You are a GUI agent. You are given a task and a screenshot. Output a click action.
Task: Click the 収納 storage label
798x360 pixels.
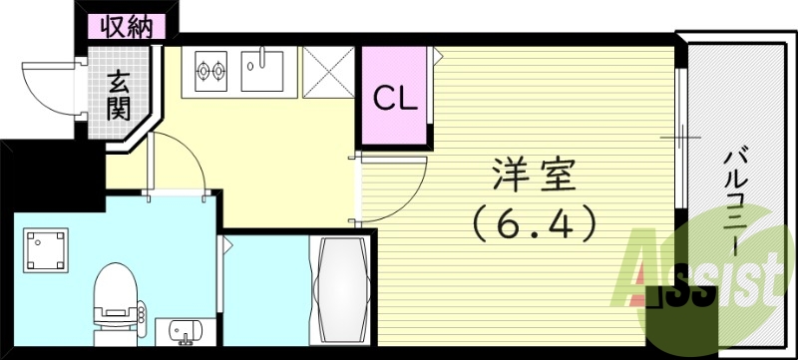click(x=127, y=27)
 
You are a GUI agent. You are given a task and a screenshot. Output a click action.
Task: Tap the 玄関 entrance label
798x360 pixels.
click(x=120, y=96)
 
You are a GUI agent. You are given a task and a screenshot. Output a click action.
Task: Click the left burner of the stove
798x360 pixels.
click(x=206, y=73)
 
